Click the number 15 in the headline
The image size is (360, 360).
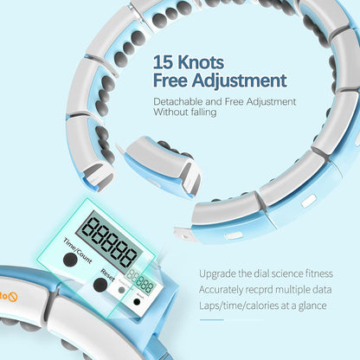click(x=163, y=62)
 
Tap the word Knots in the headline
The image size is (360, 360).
click(x=201, y=62)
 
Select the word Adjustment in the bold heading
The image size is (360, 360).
click(x=239, y=81)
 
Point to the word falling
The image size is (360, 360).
click(x=202, y=112)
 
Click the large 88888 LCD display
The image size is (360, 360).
click(x=109, y=241)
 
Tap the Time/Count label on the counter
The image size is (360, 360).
click(x=78, y=251)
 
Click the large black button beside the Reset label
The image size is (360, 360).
click(x=100, y=285)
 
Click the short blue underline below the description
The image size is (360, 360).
click(x=211, y=319)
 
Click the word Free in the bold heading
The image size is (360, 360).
click(x=170, y=80)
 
